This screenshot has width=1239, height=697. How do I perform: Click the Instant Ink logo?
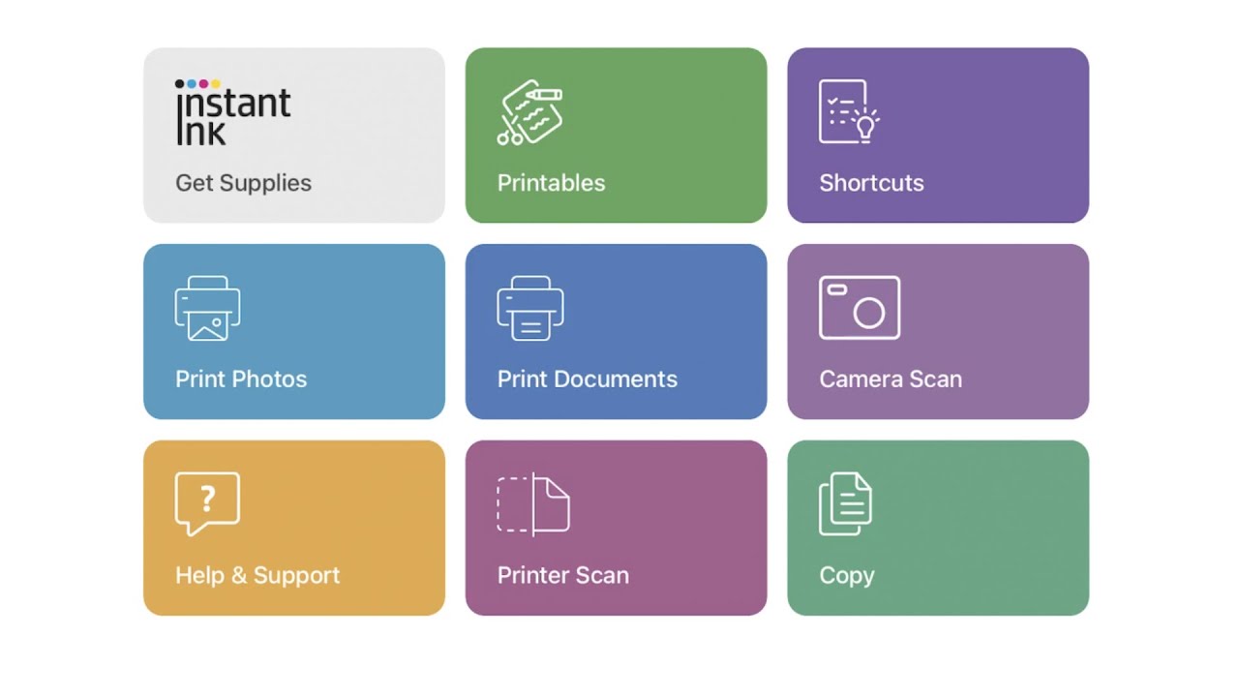coord(232,112)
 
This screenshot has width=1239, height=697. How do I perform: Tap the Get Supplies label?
coord(243,183)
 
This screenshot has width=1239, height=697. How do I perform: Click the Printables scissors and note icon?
coord(529,112)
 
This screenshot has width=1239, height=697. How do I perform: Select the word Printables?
coord(551,183)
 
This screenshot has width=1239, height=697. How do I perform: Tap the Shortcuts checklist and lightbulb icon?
coord(848,112)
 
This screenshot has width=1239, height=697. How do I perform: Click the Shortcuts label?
coord(871,183)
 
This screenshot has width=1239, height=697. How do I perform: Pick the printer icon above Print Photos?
coord(207,309)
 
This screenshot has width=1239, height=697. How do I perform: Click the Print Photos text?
coord(241,379)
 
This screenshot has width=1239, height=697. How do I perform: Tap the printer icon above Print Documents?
coord(529,309)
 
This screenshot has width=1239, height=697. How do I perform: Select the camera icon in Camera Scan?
coord(860,308)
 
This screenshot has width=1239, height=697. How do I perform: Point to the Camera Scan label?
coord(891,379)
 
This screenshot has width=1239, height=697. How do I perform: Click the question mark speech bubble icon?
coord(207,502)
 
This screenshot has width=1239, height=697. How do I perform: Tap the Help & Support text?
coord(257,575)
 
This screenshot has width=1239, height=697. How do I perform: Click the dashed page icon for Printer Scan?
coord(532,504)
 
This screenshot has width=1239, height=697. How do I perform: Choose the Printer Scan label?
coord(562,575)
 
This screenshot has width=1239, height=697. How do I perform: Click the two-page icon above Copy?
coord(845,504)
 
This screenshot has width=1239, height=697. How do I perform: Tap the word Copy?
coord(846,575)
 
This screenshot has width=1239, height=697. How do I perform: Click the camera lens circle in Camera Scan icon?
coord(869,313)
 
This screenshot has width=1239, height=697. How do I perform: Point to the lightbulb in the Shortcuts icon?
coord(865,125)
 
